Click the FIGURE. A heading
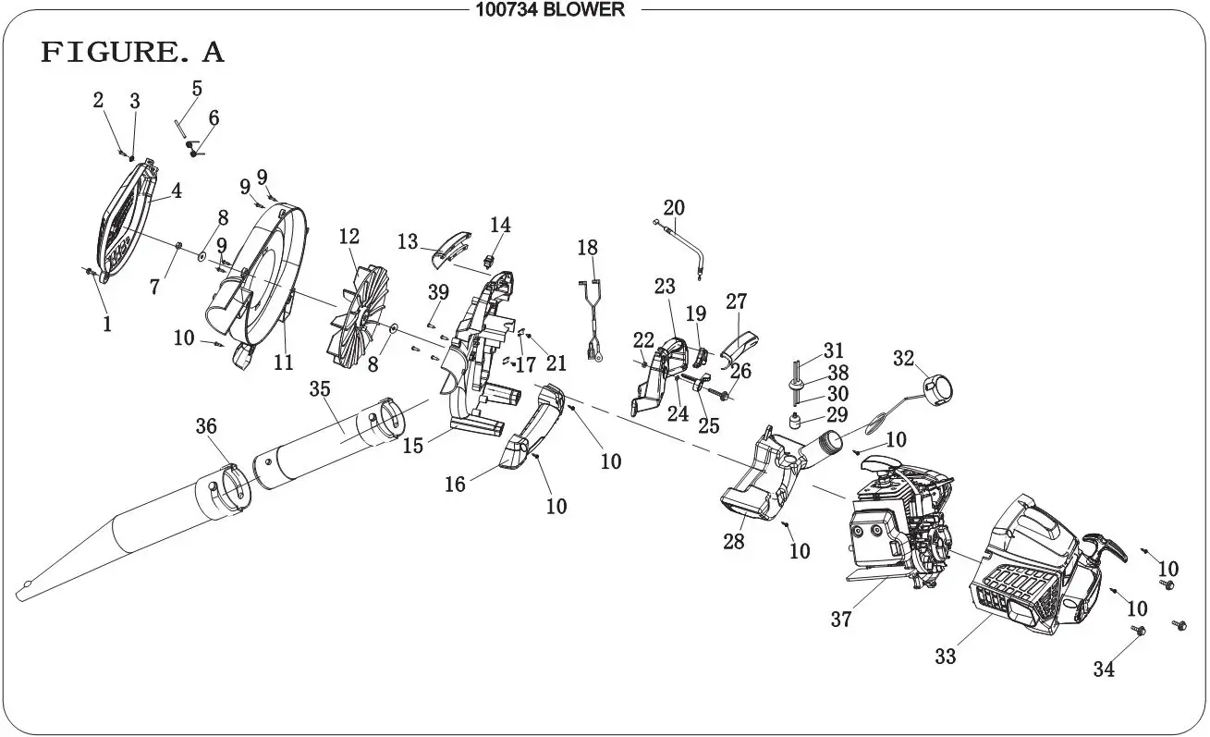pos(132,53)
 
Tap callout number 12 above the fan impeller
pos(348,237)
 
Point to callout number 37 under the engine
pos(840,620)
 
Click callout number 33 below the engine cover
pos(945,657)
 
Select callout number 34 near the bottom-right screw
pos(1104,669)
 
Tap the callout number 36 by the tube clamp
pos(206,426)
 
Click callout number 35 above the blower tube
pos(320,389)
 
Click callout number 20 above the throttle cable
pos(674,206)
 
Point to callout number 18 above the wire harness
pos(588,248)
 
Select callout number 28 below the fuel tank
pos(733,542)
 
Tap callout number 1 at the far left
pos(107,325)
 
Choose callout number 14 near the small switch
pos(500,225)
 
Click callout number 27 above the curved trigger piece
pos(736,302)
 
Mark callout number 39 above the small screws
pos(438,292)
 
